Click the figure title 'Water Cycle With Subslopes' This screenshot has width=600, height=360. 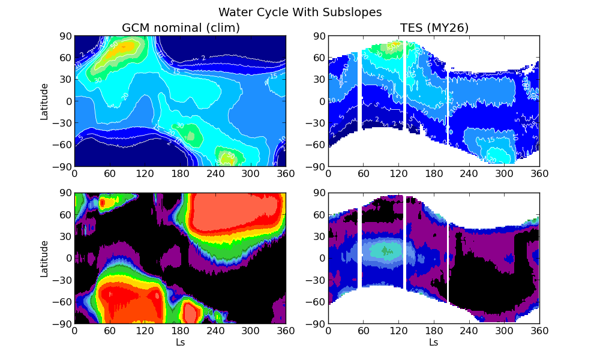300,12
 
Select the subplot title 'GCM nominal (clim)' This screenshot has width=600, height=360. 181,28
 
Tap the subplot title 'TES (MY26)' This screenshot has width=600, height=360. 434,28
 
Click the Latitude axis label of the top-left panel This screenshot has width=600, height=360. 44,101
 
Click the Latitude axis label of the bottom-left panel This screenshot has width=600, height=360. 44,259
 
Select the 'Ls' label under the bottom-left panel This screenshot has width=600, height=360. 180,343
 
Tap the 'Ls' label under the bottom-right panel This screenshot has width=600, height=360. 433,343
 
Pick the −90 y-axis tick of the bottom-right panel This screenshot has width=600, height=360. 314,324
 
